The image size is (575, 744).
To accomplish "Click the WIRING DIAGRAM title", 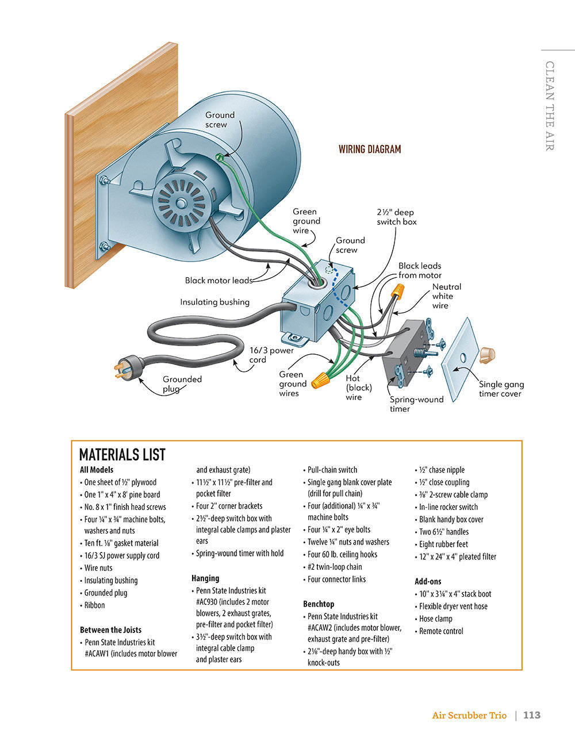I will tap(369, 149).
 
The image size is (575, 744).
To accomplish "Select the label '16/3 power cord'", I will tap(271, 355).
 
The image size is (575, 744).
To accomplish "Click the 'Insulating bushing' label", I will tap(214, 302).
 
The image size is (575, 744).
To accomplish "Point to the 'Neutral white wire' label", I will tap(446, 296).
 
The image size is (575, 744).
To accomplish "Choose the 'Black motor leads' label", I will tap(218, 281).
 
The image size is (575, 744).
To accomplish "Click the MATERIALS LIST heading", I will tap(122, 455).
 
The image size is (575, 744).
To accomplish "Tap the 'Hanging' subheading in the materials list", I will tap(205, 578).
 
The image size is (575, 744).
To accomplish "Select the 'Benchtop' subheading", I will tap(319, 604).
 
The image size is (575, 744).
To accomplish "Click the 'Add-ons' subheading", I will tap(428, 581).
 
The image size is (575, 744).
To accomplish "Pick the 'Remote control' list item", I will tap(441, 631).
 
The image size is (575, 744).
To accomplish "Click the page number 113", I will tap(532, 715).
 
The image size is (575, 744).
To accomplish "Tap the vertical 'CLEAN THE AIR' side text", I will tap(550, 106).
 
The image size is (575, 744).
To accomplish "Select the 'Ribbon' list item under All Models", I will tap(94, 605).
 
